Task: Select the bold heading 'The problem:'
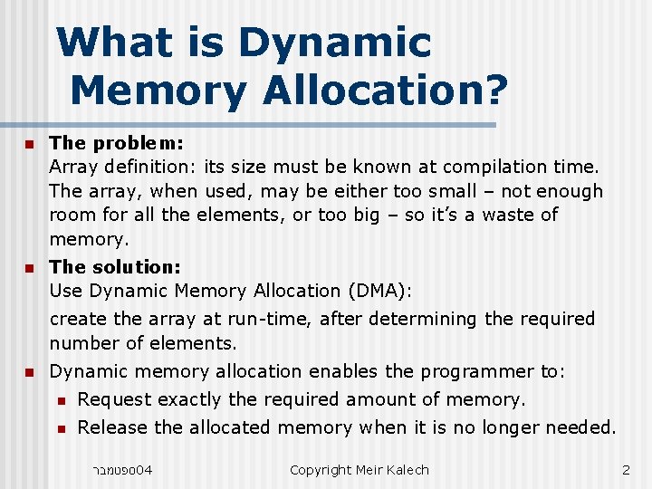click(x=117, y=142)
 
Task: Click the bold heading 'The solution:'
click(x=116, y=266)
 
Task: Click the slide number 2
click(x=626, y=469)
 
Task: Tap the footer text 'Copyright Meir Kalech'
click(x=359, y=469)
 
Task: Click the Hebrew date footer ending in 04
click(x=122, y=469)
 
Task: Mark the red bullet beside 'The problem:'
click(x=28, y=144)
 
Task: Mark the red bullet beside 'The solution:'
click(x=28, y=268)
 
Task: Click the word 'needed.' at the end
click(x=583, y=427)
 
